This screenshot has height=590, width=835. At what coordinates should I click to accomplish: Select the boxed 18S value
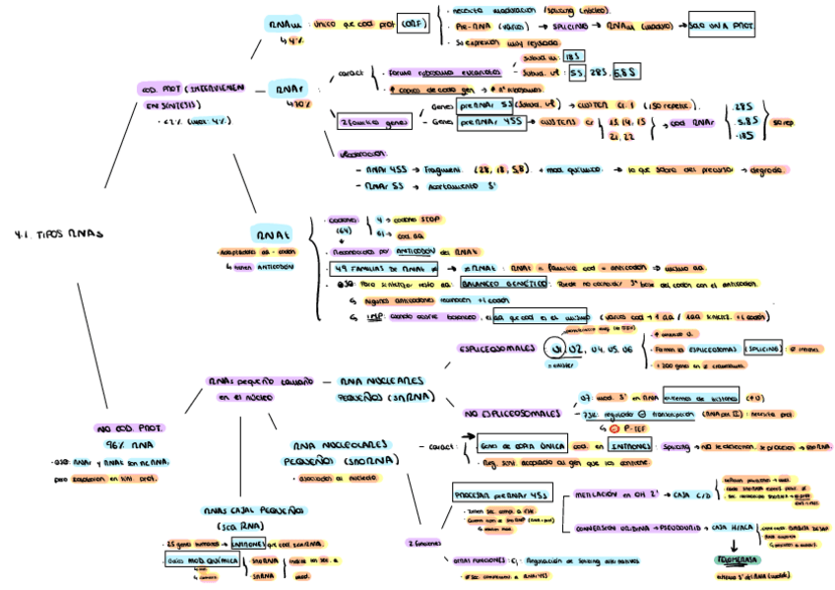(572, 57)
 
